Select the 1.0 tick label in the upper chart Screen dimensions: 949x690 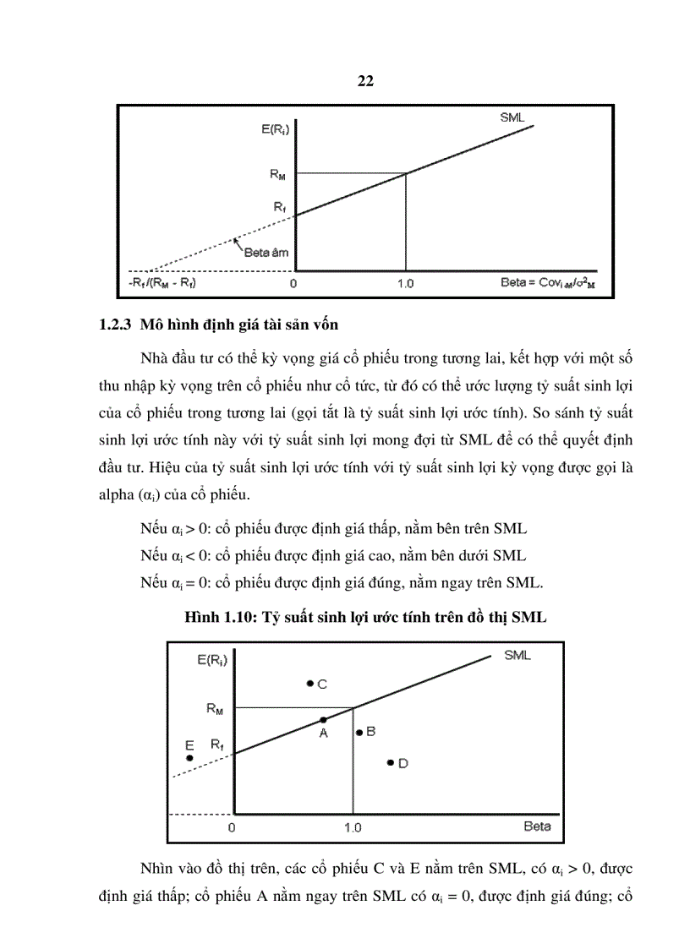pyautogui.click(x=405, y=283)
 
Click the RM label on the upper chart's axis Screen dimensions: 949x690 pyautogui.click(x=277, y=174)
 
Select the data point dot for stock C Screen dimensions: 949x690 pyautogui.click(x=310, y=683)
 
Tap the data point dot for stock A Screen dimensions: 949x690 pyautogui.click(x=322, y=720)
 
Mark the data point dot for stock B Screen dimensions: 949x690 pyautogui.click(x=359, y=733)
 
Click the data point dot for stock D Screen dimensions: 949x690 pyautogui.click(x=390, y=762)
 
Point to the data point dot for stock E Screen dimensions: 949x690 pyautogui.click(x=189, y=758)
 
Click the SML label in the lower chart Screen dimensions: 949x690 pyautogui.click(x=517, y=655)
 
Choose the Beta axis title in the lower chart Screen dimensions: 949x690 pyautogui.click(x=537, y=826)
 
